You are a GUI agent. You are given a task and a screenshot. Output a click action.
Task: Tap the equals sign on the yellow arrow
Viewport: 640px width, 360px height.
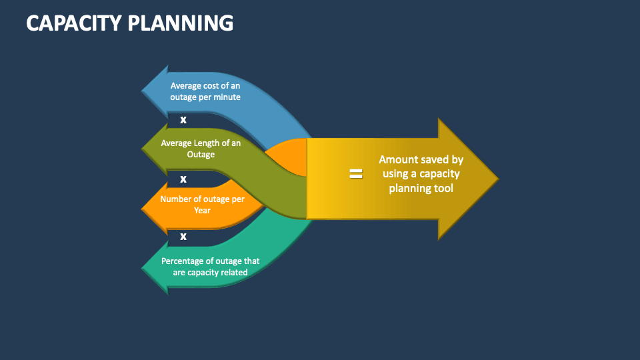(356, 174)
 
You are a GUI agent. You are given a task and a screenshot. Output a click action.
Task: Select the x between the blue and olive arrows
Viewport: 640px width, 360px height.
(183, 120)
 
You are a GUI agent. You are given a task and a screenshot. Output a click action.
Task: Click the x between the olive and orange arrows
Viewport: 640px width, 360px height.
(183, 179)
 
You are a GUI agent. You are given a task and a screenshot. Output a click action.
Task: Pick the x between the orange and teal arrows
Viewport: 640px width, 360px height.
(183, 236)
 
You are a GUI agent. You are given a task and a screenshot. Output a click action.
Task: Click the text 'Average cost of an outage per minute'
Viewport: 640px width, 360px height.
(205, 91)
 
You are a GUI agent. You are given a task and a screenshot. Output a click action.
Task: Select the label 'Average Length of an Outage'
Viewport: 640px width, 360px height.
(201, 149)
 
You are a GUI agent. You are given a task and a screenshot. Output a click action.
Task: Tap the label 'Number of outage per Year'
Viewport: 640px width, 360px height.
(203, 205)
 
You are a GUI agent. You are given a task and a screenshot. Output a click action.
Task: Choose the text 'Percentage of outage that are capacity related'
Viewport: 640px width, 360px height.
(211, 267)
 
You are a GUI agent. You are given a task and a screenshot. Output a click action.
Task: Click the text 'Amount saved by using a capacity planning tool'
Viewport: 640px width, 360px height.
(421, 174)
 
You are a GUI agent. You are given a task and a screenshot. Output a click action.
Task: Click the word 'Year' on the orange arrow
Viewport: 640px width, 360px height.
(202, 211)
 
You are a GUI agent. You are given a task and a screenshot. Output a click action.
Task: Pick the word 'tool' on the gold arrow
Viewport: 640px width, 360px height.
(443, 189)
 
